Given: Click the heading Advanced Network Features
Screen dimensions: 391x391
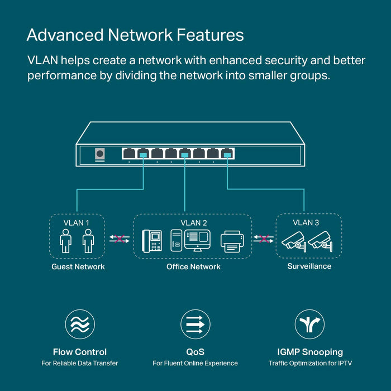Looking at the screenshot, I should [135, 35].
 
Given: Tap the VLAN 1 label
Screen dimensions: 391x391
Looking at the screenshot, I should [77, 222].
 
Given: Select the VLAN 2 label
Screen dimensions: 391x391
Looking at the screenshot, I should [193, 222].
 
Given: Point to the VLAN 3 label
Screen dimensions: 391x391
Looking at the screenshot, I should [306, 222].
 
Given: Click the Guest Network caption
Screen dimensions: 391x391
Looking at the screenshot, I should [78, 266].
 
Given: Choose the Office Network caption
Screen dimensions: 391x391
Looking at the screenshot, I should [193, 266].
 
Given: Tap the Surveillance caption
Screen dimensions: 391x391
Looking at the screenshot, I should [309, 266].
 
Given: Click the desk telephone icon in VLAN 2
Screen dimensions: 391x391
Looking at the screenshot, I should [152, 240].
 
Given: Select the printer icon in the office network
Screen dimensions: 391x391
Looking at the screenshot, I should [232, 241].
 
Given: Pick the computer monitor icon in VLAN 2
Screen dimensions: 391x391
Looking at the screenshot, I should [196, 239].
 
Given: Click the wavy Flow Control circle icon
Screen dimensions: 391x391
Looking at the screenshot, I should [80, 325].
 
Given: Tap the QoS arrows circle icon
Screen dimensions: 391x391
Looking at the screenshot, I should [195, 325].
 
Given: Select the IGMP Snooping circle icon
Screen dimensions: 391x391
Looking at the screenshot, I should [309, 325].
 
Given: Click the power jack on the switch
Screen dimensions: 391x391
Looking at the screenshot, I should [101, 154].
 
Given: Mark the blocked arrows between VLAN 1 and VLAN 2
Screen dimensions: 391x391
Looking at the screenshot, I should [118, 239].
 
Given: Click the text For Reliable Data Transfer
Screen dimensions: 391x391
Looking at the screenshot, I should [80, 364].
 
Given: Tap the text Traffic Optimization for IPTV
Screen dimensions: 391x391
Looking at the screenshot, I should [310, 364].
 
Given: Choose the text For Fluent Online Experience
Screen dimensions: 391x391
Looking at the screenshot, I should [195, 364].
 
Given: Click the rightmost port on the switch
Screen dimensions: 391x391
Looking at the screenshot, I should [227, 153].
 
